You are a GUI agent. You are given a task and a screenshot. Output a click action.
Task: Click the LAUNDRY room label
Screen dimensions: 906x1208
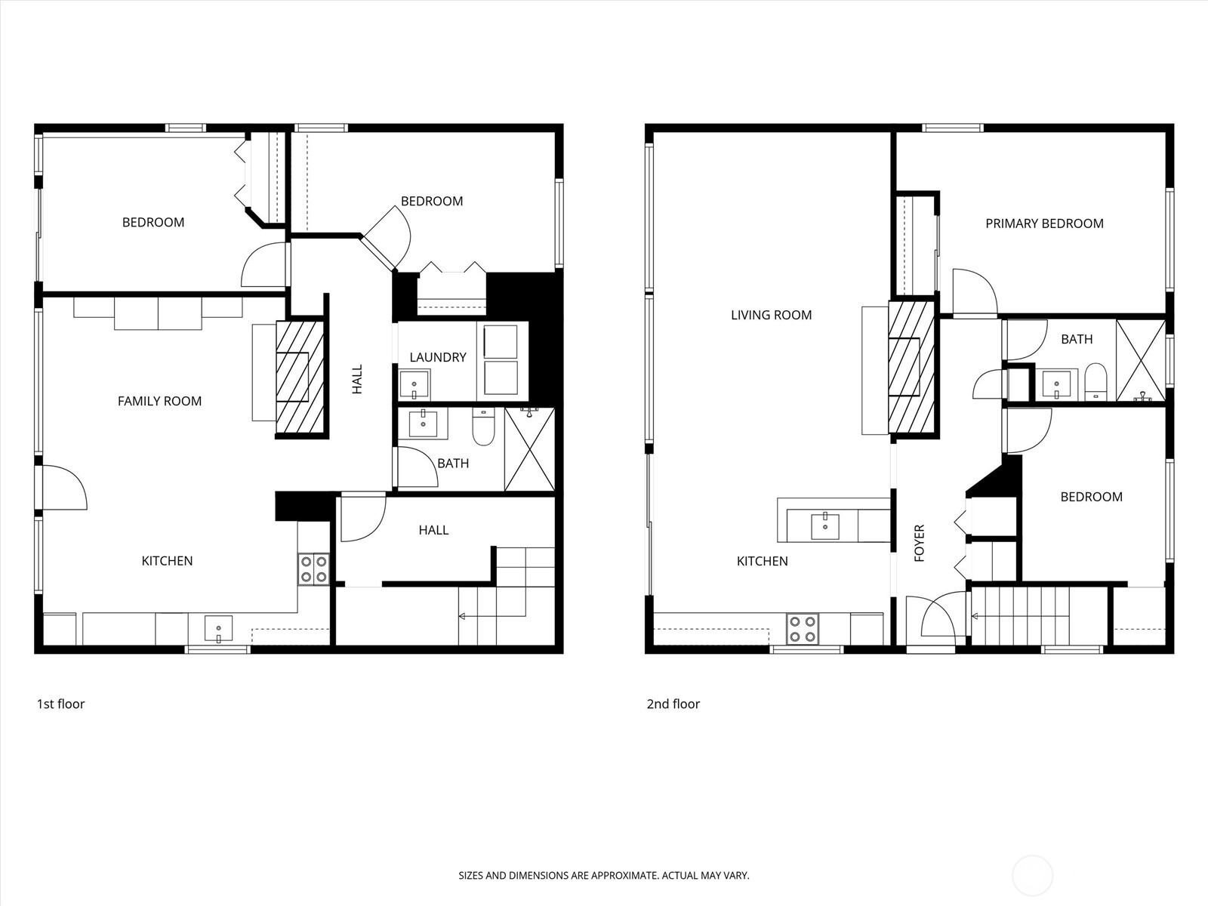tap(438, 357)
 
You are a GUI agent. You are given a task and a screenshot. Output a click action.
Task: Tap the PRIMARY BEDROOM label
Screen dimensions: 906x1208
tap(1044, 223)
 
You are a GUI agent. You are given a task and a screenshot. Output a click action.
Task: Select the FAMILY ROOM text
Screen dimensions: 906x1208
tap(159, 401)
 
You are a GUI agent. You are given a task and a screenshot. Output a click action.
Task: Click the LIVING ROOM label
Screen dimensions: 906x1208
tap(771, 315)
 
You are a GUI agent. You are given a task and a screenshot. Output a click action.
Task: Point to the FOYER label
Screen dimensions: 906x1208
tap(919, 543)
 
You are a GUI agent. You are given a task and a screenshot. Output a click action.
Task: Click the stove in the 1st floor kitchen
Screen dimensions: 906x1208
tap(313, 569)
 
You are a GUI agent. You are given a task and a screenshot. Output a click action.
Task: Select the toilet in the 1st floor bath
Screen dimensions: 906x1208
tap(482, 428)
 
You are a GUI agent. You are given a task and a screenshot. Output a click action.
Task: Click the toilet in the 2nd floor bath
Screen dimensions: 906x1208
tap(1095, 381)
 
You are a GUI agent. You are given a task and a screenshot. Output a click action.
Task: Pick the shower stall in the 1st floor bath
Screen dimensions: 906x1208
tap(529, 449)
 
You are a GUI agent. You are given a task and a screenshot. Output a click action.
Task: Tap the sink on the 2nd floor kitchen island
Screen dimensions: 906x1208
tap(825, 526)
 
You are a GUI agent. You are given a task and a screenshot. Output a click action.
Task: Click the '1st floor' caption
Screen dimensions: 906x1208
tap(60, 704)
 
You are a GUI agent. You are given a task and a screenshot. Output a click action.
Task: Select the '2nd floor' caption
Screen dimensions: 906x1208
tap(673, 704)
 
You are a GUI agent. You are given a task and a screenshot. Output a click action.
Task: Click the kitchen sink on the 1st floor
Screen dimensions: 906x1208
tap(219, 629)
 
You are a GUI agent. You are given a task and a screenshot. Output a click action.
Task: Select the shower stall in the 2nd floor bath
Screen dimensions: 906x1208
tap(1140, 360)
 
